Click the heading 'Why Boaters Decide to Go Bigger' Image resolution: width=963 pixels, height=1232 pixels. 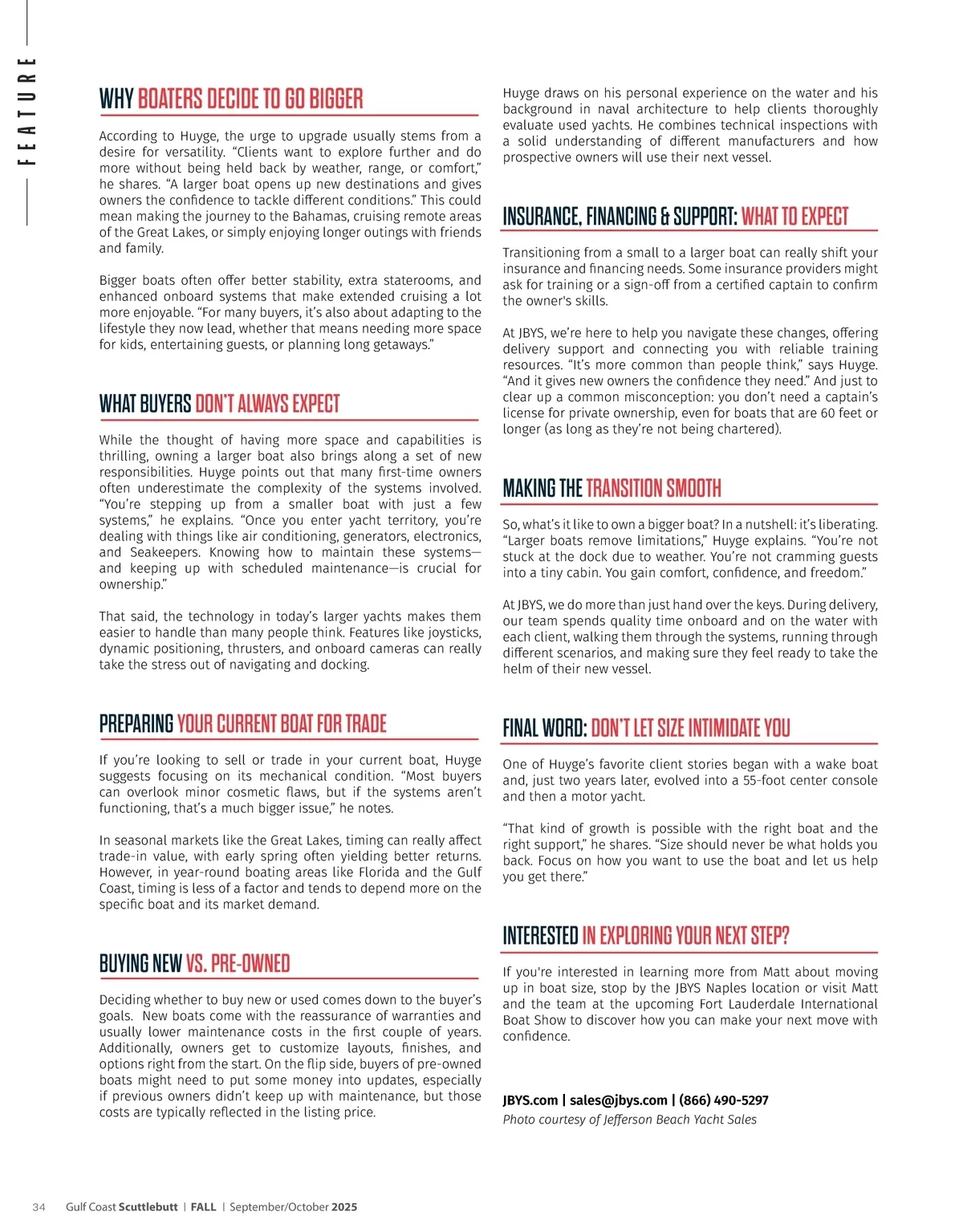[x=231, y=99]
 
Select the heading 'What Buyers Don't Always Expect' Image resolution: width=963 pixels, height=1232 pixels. [x=219, y=403]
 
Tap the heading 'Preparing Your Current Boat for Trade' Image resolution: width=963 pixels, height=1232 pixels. [x=242, y=723]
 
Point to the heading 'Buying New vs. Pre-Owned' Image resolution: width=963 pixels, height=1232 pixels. [x=194, y=963]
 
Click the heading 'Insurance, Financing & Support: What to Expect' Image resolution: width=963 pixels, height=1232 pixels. [x=675, y=217]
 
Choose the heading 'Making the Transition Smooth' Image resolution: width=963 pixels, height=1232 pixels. [x=612, y=488]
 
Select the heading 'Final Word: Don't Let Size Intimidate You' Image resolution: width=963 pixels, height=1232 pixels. [x=646, y=728]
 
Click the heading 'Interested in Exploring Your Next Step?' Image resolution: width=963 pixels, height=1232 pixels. [x=645, y=936]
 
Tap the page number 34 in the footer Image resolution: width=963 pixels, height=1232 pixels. [x=39, y=1207]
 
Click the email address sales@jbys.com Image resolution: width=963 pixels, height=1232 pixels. [x=618, y=1100]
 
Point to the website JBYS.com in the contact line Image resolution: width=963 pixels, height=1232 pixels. [x=530, y=1100]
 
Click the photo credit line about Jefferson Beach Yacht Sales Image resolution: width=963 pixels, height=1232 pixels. [x=629, y=1120]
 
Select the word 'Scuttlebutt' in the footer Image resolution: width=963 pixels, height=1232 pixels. [x=148, y=1207]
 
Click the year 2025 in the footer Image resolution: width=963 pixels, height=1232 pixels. [x=344, y=1207]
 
